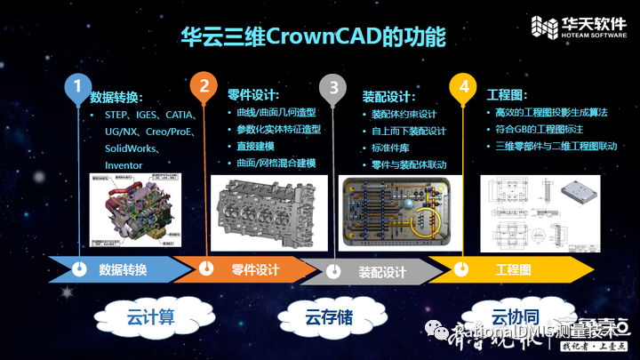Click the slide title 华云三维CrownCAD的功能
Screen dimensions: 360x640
(x=313, y=37)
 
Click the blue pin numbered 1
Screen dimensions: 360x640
(x=78, y=87)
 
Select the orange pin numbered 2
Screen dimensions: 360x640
(x=204, y=87)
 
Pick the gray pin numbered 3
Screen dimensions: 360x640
(x=334, y=87)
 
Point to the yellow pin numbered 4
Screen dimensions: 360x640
(x=463, y=87)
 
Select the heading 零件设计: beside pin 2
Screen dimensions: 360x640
(x=253, y=95)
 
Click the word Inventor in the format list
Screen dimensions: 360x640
(x=124, y=165)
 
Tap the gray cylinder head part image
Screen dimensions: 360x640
(x=267, y=212)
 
